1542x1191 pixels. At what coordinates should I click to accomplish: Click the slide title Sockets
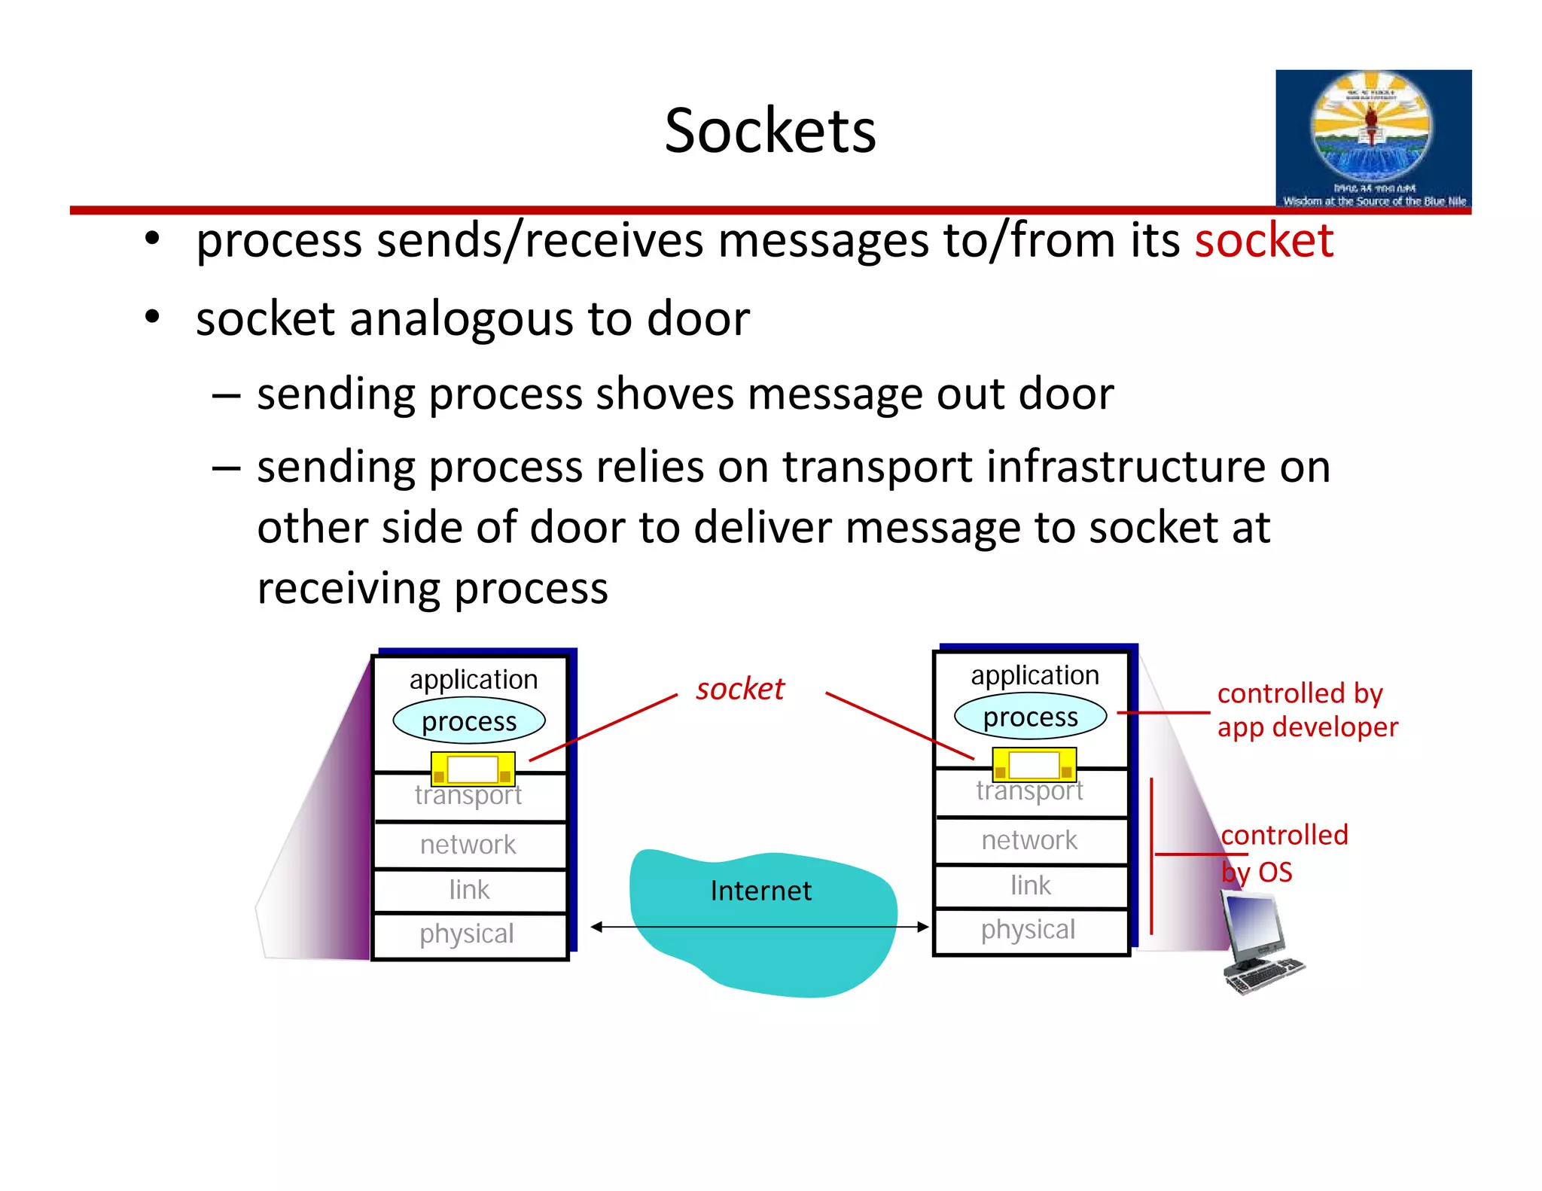(769, 131)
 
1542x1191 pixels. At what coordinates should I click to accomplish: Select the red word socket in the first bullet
(1263, 241)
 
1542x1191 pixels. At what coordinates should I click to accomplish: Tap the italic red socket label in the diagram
(739, 689)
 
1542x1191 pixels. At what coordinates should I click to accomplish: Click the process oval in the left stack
(468, 721)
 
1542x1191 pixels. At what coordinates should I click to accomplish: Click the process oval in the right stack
(1030, 717)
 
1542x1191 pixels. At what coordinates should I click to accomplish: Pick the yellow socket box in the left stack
(473, 769)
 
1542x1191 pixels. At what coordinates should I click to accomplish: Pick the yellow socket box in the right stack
(1034, 765)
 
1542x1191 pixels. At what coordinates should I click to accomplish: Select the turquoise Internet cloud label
(760, 891)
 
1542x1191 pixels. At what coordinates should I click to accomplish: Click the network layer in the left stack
(468, 845)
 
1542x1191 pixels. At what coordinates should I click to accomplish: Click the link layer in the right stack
(1030, 885)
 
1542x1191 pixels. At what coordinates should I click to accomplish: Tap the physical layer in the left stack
(467, 934)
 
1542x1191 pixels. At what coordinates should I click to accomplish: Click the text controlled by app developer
(1306, 710)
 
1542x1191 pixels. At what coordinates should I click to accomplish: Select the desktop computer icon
(1259, 942)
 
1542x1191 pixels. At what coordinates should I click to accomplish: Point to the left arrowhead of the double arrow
(596, 927)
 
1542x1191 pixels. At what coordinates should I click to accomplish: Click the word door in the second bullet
(698, 318)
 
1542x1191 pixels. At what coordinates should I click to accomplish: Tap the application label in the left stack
(474, 679)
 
